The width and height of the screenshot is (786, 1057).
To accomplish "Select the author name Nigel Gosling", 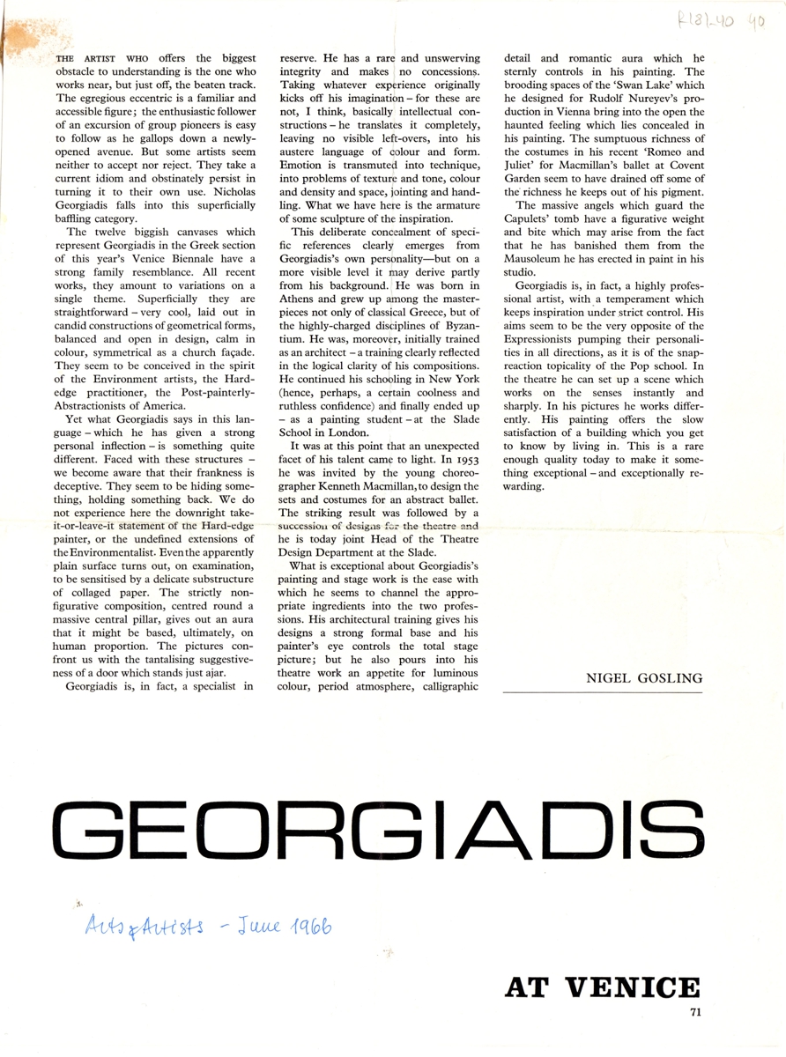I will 643,677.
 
